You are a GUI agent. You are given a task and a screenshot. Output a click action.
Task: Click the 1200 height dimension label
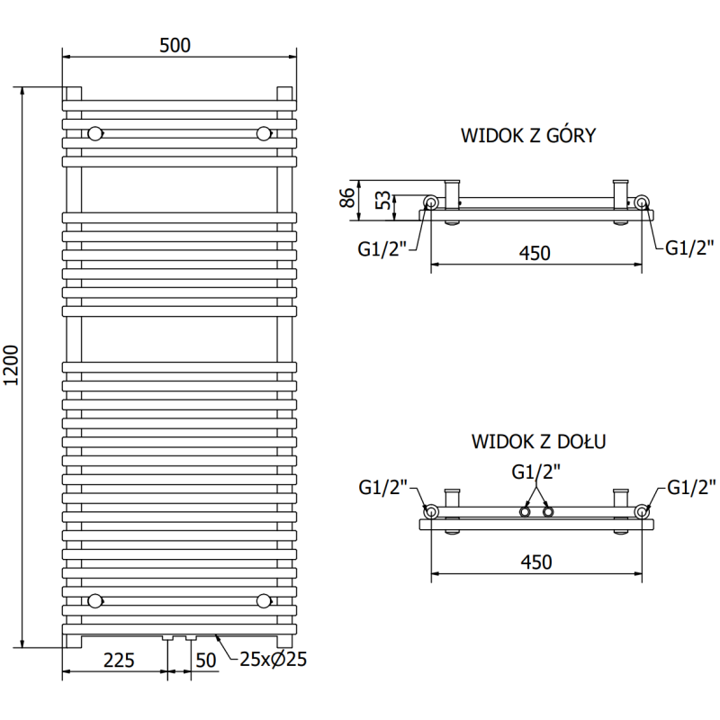pyautogui.click(x=11, y=366)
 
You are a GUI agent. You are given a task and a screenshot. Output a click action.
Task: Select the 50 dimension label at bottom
pyautogui.click(x=206, y=661)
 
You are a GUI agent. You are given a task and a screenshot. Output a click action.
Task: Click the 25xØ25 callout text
pyautogui.click(x=274, y=660)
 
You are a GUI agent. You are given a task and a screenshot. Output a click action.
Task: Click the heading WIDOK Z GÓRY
pyautogui.click(x=528, y=136)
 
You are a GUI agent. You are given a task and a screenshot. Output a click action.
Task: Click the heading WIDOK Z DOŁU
pyautogui.click(x=537, y=442)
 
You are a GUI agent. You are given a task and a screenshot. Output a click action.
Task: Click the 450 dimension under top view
pyautogui.click(x=535, y=254)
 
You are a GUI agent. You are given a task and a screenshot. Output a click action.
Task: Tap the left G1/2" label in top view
pyautogui.click(x=382, y=248)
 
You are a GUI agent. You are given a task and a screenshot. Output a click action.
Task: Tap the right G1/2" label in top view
pyautogui.click(x=690, y=248)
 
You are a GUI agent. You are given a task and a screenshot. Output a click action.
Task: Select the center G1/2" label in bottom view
pyautogui.click(x=536, y=471)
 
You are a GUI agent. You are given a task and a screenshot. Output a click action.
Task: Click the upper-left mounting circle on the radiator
pyautogui.click(x=94, y=133)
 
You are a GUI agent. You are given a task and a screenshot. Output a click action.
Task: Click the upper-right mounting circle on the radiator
pyautogui.click(x=264, y=133)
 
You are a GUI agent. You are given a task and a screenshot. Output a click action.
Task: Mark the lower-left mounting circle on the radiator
pyautogui.click(x=94, y=599)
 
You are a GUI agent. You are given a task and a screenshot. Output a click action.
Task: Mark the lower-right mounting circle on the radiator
pyautogui.click(x=264, y=599)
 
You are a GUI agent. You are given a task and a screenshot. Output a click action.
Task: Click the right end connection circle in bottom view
pyautogui.click(x=642, y=511)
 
